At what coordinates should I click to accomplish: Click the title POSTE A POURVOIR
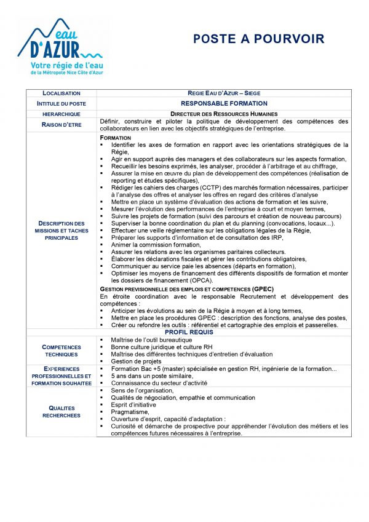click(x=258, y=39)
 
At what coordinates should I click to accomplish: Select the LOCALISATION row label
click(x=61, y=93)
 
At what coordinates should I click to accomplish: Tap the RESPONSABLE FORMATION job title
click(x=224, y=103)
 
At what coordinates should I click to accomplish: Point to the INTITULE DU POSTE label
click(x=61, y=103)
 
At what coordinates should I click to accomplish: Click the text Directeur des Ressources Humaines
click(x=224, y=114)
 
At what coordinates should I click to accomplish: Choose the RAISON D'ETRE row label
click(x=61, y=125)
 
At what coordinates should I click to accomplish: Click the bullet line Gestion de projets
click(x=137, y=362)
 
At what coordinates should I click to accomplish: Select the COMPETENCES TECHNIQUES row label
click(x=61, y=350)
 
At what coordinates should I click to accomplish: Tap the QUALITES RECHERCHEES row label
click(x=61, y=411)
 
